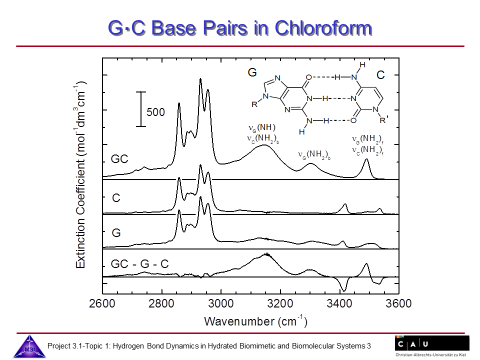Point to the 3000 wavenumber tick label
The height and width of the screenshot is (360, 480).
pyautogui.click(x=221, y=304)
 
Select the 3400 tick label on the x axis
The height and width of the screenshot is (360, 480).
pyautogui.click(x=339, y=304)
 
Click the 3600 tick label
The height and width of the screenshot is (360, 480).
pyautogui.click(x=398, y=304)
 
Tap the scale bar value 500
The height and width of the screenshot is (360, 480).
pyautogui.click(x=155, y=112)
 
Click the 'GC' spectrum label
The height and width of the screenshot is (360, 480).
pyautogui.click(x=119, y=159)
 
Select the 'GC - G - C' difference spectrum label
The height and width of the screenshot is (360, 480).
pyautogui.click(x=139, y=263)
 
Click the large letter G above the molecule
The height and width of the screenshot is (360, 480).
pyautogui.click(x=252, y=73)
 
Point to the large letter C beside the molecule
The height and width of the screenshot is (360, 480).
pyautogui.click(x=381, y=75)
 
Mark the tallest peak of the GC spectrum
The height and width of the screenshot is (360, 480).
pyautogui.click(x=200, y=79)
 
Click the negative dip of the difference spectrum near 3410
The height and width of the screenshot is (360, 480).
pyautogui.click(x=343, y=290)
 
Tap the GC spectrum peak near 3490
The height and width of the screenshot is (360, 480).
pyautogui.click(x=366, y=159)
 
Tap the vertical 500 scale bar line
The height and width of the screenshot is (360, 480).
pyautogui.click(x=141, y=109)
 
